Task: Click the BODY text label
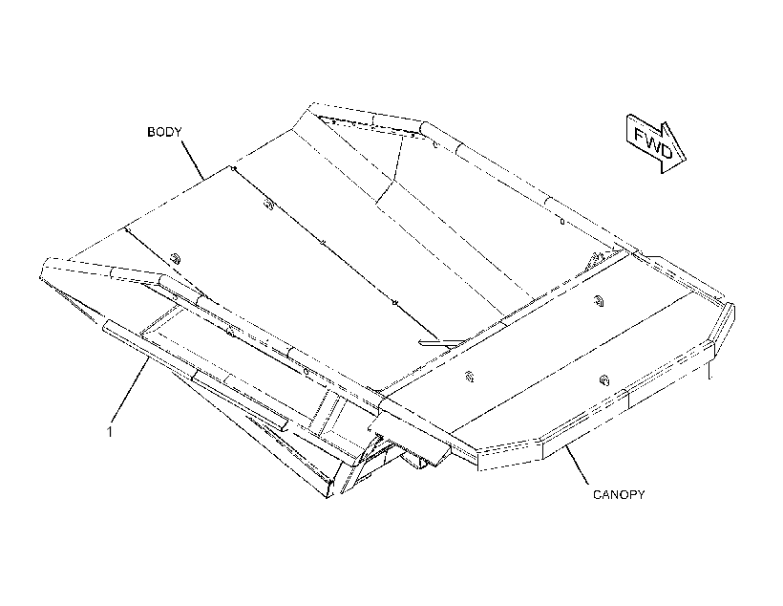(x=164, y=132)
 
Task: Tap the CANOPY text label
(x=619, y=494)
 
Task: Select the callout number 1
(x=110, y=431)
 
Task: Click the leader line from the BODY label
(x=193, y=160)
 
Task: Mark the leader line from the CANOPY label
(x=576, y=465)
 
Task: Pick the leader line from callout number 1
(x=132, y=389)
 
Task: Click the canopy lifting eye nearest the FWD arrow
(x=598, y=300)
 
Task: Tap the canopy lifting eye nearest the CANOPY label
(x=603, y=381)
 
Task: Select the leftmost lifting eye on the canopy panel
(x=470, y=377)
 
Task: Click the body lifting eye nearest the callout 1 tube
(x=176, y=258)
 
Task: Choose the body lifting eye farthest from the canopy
(x=268, y=205)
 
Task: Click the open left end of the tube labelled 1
(x=105, y=326)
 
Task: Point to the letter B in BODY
(x=151, y=132)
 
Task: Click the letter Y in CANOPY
(x=641, y=494)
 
